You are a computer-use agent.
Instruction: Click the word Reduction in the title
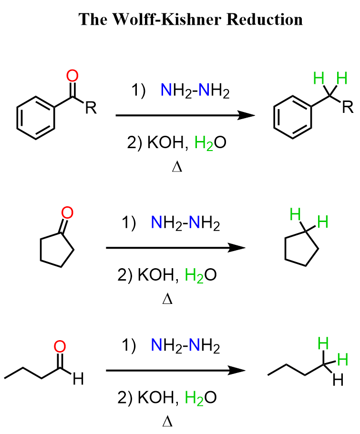click(265, 20)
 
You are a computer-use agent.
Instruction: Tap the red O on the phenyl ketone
click(72, 76)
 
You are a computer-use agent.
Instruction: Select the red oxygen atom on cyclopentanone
click(67, 212)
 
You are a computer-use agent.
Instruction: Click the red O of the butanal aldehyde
click(60, 346)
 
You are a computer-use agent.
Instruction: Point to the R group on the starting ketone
click(91, 108)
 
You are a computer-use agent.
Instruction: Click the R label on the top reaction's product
click(348, 107)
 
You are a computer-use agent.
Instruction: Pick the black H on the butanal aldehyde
click(78, 379)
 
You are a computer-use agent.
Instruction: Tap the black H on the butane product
click(338, 380)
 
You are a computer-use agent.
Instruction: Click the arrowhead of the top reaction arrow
click(246, 115)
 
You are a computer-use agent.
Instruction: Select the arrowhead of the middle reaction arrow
click(237, 247)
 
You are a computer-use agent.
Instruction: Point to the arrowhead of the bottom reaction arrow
click(237, 370)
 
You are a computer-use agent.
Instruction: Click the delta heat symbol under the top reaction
click(177, 167)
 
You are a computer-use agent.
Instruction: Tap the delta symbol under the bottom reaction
click(167, 422)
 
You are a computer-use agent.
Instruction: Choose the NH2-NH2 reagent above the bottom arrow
click(185, 345)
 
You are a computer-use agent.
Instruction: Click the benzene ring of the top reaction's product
click(293, 117)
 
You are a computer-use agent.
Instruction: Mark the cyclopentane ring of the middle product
click(301, 248)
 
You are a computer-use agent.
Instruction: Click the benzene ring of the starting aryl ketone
click(36, 118)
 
